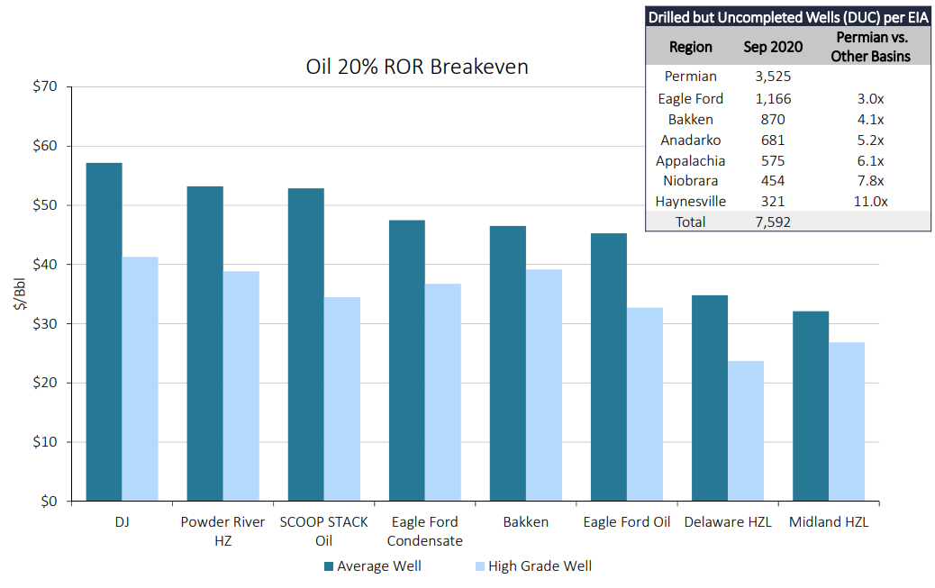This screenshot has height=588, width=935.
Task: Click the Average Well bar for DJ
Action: (x=104, y=331)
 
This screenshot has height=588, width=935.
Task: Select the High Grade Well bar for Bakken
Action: (x=544, y=385)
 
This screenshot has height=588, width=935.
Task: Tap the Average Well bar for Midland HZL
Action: (x=811, y=406)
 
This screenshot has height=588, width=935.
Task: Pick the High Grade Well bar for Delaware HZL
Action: (x=745, y=430)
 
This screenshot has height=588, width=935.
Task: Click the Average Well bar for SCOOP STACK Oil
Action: (x=306, y=345)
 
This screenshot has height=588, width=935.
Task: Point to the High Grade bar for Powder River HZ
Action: (x=241, y=385)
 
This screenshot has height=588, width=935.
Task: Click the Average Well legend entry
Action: (x=373, y=565)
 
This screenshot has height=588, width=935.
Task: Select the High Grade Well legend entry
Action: (x=533, y=565)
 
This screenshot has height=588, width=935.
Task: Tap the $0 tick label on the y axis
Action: (x=49, y=501)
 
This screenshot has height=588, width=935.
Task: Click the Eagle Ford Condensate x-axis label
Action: (x=424, y=531)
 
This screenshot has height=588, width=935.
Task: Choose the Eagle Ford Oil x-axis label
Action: (x=627, y=521)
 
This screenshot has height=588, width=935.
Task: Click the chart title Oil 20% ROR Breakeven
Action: (x=417, y=67)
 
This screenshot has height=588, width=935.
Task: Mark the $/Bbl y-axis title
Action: (x=20, y=294)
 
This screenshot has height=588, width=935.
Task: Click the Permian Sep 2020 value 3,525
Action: (x=773, y=77)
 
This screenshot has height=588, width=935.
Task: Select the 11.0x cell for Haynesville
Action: (x=871, y=202)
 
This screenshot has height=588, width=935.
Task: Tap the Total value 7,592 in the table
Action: (x=773, y=222)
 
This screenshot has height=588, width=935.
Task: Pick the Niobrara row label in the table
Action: (x=691, y=181)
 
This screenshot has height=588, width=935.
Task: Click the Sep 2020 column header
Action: (x=773, y=47)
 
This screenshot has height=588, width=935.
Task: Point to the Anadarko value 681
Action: (x=773, y=140)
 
